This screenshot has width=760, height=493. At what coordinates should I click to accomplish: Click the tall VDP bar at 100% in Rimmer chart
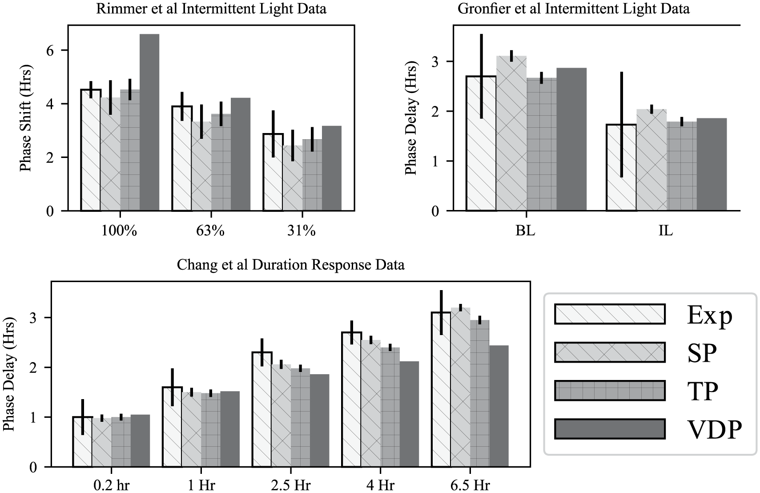click(x=149, y=122)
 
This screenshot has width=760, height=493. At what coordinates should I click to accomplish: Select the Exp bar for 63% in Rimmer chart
click(x=182, y=158)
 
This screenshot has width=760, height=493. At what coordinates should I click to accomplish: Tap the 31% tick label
click(x=302, y=231)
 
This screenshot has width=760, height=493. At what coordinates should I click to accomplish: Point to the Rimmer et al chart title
click(x=211, y=8)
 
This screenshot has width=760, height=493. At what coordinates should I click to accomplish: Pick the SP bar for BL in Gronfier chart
click(x=511, y=133)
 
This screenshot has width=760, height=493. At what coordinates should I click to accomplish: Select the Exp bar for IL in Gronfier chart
click(x=621, y=167)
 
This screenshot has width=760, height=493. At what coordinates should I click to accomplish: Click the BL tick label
click(x=525, y=231)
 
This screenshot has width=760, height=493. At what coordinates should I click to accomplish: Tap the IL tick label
click(x=666, y=231)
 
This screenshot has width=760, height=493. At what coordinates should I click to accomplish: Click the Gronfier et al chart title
click(x=573, y=8)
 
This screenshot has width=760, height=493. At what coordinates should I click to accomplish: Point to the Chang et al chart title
click(x=291, y=265)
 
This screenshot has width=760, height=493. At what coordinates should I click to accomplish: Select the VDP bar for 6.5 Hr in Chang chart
click(x=499, y=406)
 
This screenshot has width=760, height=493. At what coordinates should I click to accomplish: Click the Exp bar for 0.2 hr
click(x=82, y=442)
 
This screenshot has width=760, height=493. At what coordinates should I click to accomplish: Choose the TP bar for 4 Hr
click(x=390, y=407)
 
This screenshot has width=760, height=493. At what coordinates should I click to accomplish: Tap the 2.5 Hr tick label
click(x=290, y=485)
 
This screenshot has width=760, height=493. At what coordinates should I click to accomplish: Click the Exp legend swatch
click(x=610, y=314)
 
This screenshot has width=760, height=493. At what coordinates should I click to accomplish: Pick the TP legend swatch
click(x=610, y=391)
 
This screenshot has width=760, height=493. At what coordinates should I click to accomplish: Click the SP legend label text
click(x=702, y=353)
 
